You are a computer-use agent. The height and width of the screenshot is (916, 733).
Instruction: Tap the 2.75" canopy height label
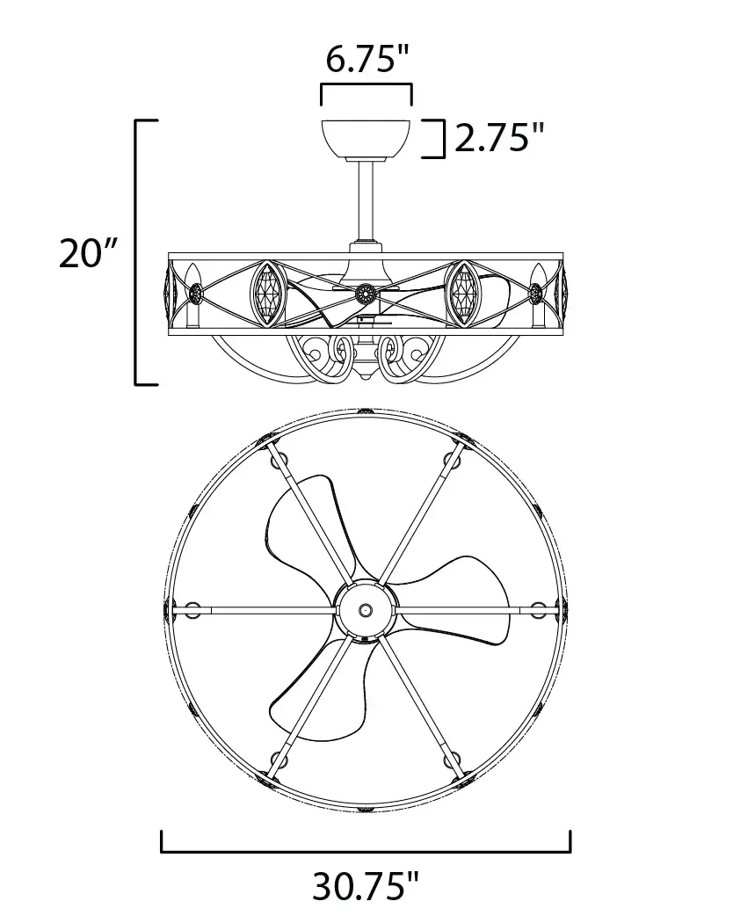[499, 138]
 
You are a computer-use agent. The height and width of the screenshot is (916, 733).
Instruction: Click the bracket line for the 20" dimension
[137, 252]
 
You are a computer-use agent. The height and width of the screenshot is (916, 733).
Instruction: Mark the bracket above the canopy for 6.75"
[366, 86]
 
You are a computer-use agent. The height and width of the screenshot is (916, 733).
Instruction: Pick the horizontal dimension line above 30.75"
[366, 851]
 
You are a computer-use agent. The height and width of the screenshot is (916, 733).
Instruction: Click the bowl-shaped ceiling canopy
[366, 139]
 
